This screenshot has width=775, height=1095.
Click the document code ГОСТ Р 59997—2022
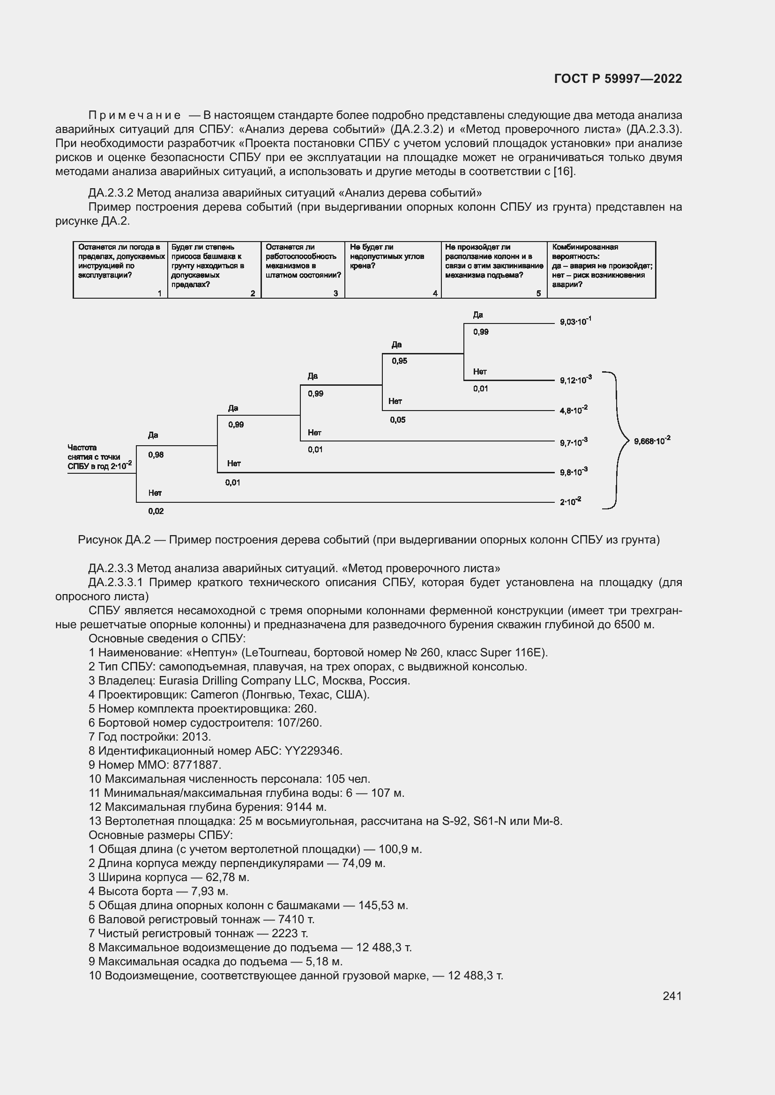coord(618,79)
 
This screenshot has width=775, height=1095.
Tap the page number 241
coord(671,996)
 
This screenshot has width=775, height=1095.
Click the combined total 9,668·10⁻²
coord(651,441)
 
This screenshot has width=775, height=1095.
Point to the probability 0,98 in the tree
coord(156,455)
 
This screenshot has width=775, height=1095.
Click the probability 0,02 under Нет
coord(156,511)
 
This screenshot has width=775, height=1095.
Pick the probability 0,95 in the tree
coord(399,361)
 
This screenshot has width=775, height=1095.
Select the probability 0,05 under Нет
coord(397,420)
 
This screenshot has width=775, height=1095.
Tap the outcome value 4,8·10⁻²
coord(573,410)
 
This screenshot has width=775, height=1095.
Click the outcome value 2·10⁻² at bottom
coord(570,501)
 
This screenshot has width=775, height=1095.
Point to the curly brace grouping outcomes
coord(619,440)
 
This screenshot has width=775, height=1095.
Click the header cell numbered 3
coord(303,270)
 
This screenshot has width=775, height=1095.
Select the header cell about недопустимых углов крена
coord(392,270)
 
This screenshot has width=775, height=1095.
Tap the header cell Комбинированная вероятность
coord(601,270)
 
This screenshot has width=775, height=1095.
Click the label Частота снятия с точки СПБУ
coord(99,457)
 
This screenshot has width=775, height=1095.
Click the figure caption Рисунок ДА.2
coord(368,540)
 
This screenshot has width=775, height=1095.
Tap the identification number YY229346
coord(313,750)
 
